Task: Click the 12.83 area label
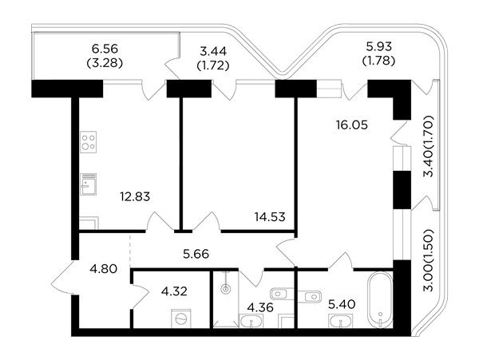[x=135, y=196]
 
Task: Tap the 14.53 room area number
[x=270, y=217]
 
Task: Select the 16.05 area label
[x=352, y=125]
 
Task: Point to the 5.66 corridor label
[x=196, y=254]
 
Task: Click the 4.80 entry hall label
[x=104, y=269]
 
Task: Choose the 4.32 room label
[x=174, y=291]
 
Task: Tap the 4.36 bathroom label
[x=260, y=307]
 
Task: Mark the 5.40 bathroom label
[x=342, y=304]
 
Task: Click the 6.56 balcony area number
[x=105, y=49]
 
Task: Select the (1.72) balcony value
[x=213, y=65]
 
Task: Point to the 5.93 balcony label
[x=378, y=46]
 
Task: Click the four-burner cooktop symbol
[x=89, y=142]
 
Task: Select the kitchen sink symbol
[x=89, y=184]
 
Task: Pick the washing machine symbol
[x=180, y=318]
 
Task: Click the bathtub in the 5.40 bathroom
[x=380, y=300]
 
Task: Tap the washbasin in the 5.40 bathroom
[x=340, y=322]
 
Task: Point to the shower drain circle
[x=226, y=288]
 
